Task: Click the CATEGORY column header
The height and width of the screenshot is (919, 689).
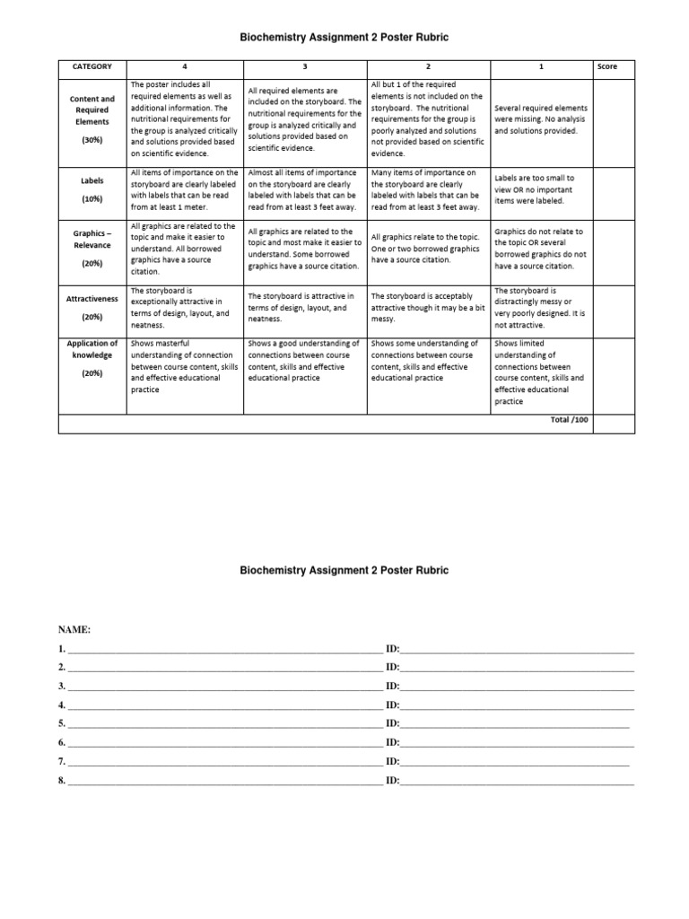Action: tap(92, 66)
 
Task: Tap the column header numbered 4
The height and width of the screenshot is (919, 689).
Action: tap(184, 66)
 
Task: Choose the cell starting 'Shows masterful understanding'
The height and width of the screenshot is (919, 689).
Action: tap(184, 366)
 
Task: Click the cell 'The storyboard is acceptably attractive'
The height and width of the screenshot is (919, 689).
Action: tap(428, 307)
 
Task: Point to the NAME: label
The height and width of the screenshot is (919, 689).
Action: tap(74, 630)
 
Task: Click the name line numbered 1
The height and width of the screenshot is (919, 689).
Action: tap(224, 650)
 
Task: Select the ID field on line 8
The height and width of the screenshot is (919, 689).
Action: tap(516, 781)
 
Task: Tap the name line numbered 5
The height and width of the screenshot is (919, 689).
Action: tap(224, 724)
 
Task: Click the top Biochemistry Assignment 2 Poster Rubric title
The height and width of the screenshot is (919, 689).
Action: tap(344, 38)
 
